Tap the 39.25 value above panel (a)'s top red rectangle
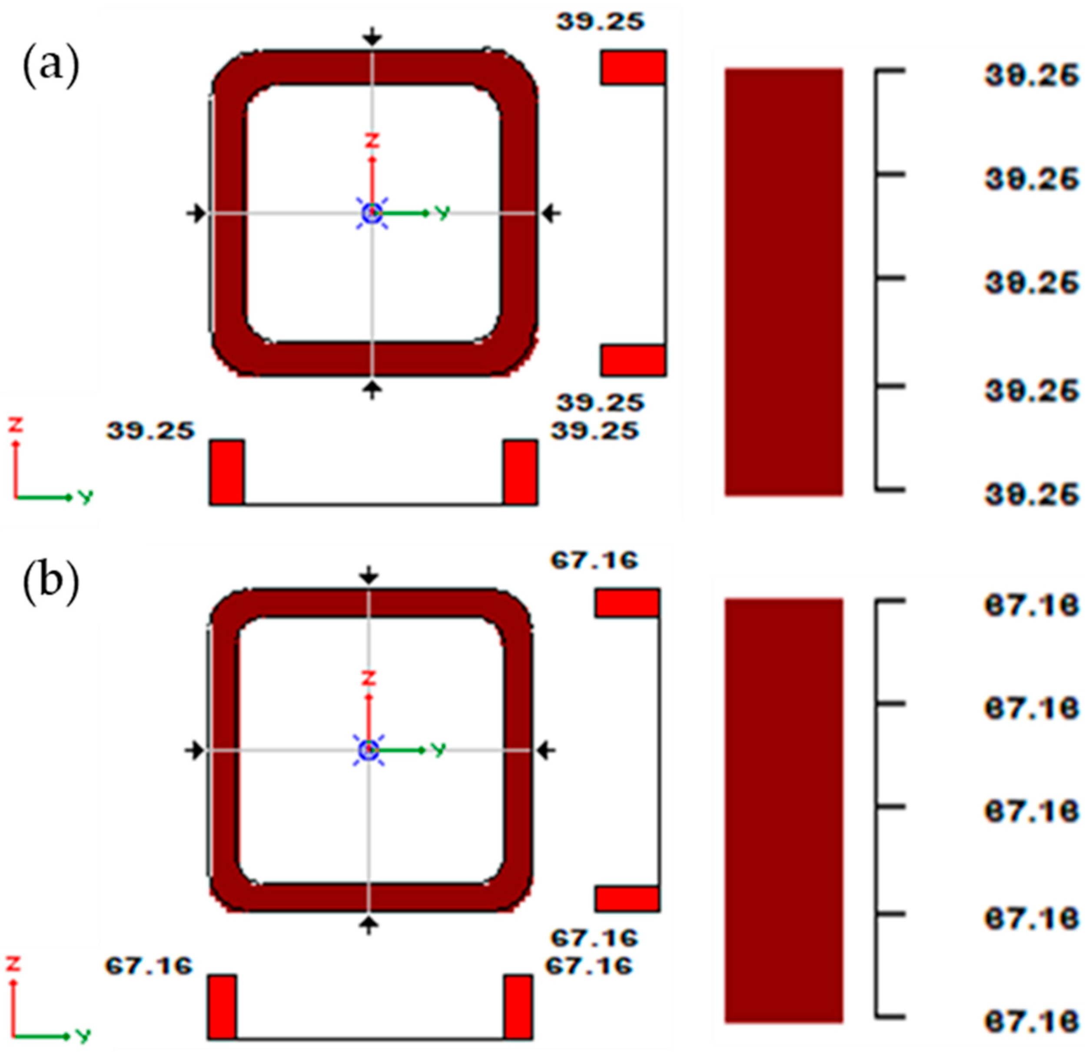(x=600, y=22)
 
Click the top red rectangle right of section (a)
(x=632, y=67)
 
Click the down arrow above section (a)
(x=372, y=37)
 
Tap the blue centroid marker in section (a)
(x=372, y=212)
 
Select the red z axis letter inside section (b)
(x=369, y=678)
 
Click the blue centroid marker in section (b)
(x=369, y=750)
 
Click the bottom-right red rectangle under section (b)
(x=518, y=1006)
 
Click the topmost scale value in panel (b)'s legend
(x=1031, y=605)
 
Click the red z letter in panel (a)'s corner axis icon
(x=16, y=425)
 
